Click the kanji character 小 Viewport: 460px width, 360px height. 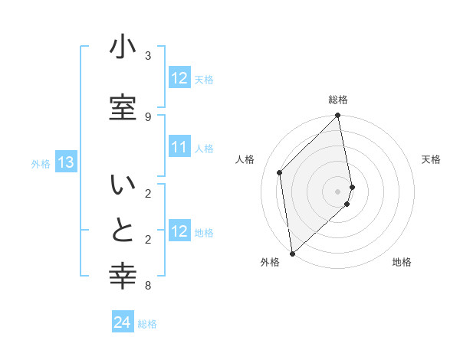(123, 47)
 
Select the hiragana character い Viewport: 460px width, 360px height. (123, 186)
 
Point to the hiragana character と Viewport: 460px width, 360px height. (123, 231)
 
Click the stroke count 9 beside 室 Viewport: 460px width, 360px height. (148, 116)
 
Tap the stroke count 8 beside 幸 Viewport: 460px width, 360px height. (148, 286)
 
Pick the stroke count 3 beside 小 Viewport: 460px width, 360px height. (148, 55)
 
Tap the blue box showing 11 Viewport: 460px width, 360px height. (179, 148)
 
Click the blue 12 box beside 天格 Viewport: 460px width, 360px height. (179, 78)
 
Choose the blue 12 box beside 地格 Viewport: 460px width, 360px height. (179, 232)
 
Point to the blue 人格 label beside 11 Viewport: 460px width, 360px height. (204, 149)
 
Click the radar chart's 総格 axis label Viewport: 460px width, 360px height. (338, 100)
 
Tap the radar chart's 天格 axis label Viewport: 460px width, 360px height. (431, 159)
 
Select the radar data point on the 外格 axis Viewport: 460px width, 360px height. (292, 254)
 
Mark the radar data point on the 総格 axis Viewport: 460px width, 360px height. (338, 116)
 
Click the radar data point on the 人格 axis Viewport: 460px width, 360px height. (280, 172)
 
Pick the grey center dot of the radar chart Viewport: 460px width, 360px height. (338, 191)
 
